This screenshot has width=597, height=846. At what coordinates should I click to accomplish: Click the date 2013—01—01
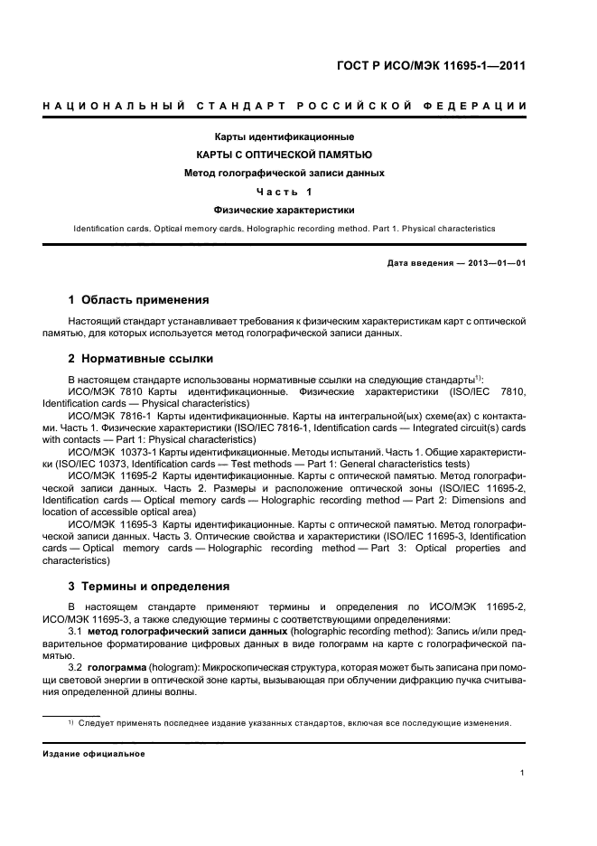click(x=493, y=262)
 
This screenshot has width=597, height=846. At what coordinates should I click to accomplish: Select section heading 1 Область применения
click(x=139, y=299)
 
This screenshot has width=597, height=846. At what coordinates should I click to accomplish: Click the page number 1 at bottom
click(x=523, y=772)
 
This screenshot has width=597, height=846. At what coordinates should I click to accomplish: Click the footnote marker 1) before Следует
click(x=70, y=721)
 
